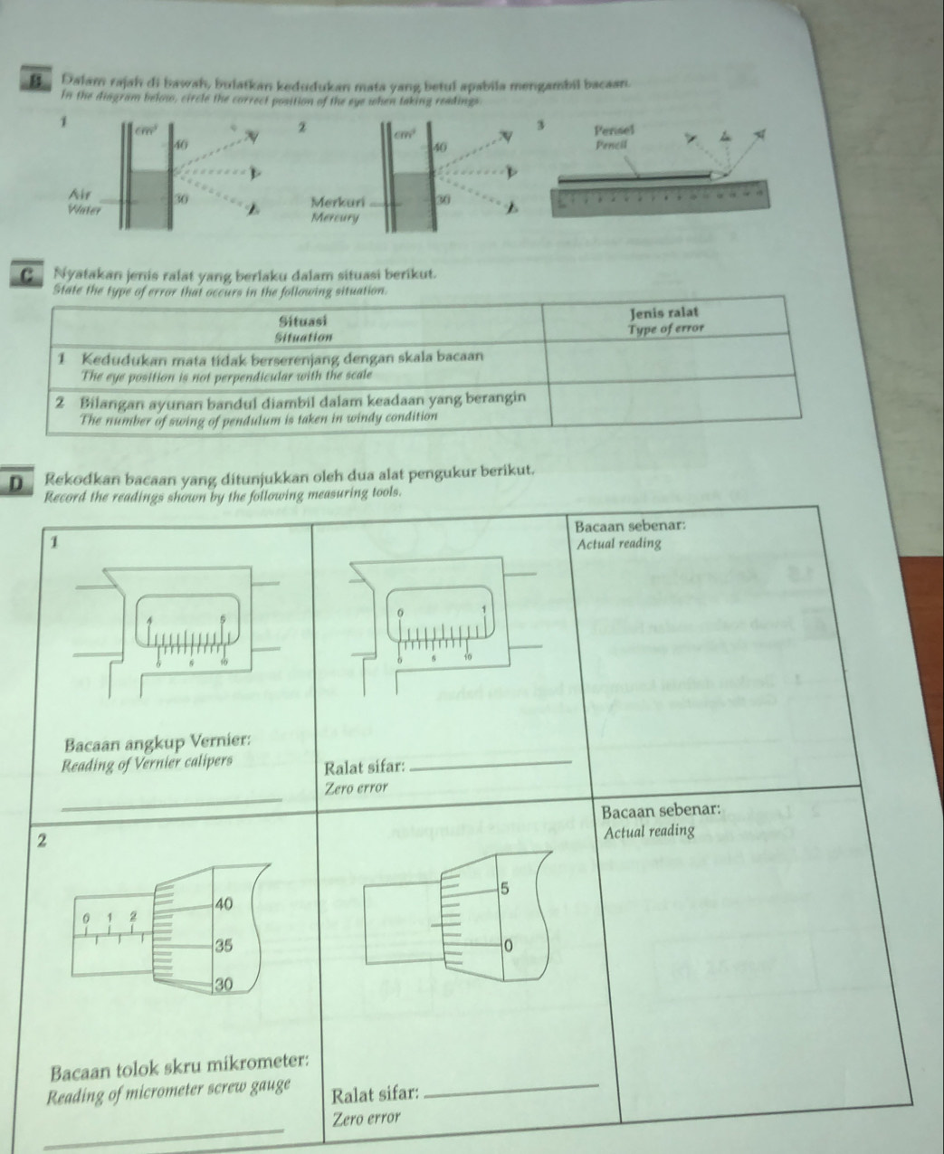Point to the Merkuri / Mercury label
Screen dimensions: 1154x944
click(337, 208)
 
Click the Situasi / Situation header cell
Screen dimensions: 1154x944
click(304, 327)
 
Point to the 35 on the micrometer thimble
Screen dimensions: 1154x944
click(224, 946)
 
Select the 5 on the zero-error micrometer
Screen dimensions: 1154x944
click(507, 890)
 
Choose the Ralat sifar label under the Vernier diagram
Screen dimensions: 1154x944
click(363, 768)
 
